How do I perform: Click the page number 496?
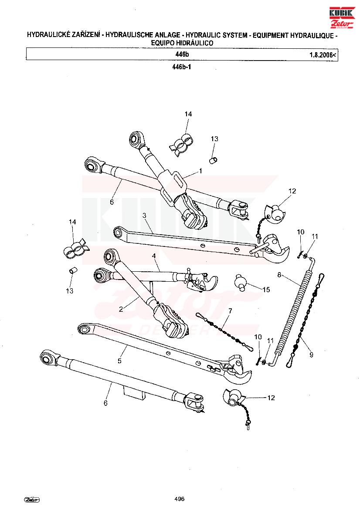pyautogui.click(x=180, y=499)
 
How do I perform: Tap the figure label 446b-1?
pyautogui.click(x=182, y=67)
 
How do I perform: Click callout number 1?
pyautogui.click(x=200, y=170)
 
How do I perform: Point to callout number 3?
pyautogui.click(x=144, y=215)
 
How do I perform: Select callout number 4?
pyautogui.click(x=154, y=256)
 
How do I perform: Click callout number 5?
pyautogui.click(x=119, y=361)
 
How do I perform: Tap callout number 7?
pyautogui.click(x=230, y=311)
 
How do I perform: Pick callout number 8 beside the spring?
pyautogui.click(x=279, y=275)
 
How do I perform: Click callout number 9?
pyautogui.click(x=311, y=355)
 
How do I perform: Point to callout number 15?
pyautogui.click(x=266, y=289)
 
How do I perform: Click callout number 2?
pyautogui.click(x=121, y=309)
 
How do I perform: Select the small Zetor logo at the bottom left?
pyautogui.click(x=32, y=500)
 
